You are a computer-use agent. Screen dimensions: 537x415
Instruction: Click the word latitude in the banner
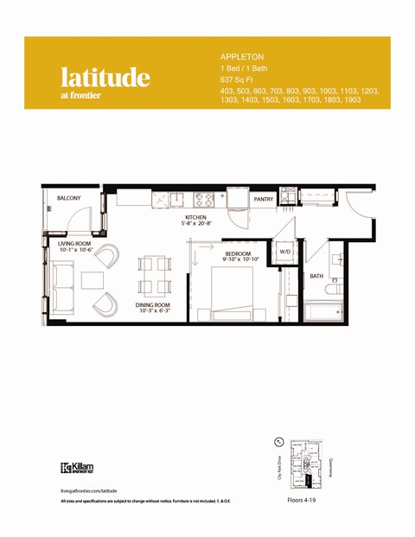click(105, 77)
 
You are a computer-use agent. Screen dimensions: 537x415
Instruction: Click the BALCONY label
click(69, 198)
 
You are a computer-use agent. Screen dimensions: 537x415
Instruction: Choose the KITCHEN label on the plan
click(196, 217)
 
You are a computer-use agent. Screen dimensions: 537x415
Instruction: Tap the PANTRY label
click(264, 199)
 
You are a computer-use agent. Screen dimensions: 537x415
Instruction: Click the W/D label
click(285, 252)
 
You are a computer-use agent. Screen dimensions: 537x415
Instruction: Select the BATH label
click(316, 276)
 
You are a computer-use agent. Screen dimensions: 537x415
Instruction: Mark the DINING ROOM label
click(152, 305)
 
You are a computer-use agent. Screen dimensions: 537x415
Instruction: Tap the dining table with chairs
click(155, 275)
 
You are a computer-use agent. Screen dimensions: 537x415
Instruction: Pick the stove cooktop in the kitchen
click(204, 199)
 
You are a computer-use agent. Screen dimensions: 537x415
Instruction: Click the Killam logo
click(78, 468)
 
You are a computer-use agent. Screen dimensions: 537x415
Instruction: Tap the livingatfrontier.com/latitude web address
click(90, 489)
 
